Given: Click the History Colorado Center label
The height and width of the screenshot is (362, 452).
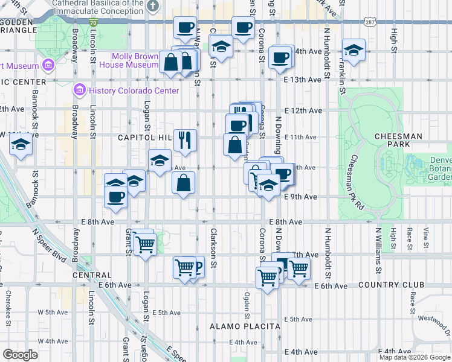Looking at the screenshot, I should (x=134, y=91).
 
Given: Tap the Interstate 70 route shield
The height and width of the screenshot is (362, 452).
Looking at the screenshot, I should (x=92, y=22).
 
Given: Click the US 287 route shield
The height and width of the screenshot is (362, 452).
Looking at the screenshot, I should (x=370, y=22).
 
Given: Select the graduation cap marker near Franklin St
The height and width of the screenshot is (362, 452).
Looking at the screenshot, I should (x=354, y=49).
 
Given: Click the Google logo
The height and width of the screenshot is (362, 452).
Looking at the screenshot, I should (x=20, y=354).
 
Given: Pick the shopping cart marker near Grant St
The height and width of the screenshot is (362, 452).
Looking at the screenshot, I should (x=145, y=244).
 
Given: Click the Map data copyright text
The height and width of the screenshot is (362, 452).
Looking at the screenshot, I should (x=415, y=357).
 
